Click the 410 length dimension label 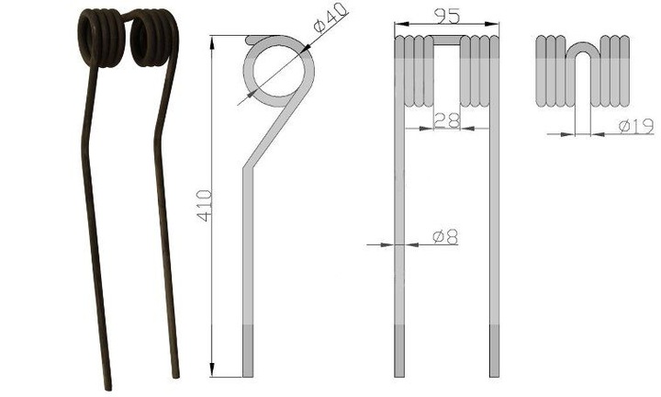click(x=205, y=206)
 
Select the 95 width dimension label click(x=447, y=17)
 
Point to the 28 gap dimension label click(x=446, y=120)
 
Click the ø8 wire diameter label click(x=445, y=237)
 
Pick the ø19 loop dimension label click(x=636, y=126)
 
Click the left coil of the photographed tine click(x=101, y=38)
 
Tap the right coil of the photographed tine click(x=154, y=38)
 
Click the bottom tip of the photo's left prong click(x=108, y=388)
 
